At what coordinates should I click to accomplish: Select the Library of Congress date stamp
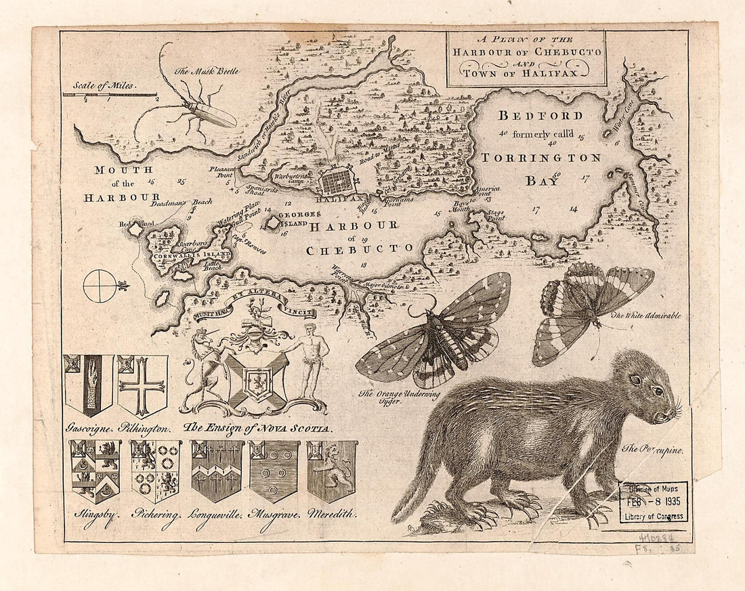pyautogui.click(x=654, y=502)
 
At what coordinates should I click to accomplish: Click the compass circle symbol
pyautogui.click(x=100, y=286)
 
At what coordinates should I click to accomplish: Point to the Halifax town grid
pyautogui.click(x=337, y=181)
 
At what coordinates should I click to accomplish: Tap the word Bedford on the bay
pyautogui.click(x=540, y=116)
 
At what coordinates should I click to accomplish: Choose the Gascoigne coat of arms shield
pyautogui.click(x=88, y=384)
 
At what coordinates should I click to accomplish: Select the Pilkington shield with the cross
pyautogui.click(x=142, y=384)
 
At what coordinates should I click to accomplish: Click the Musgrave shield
pyautogui.click(x=274, y=470)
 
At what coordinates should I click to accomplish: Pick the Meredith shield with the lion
pyautogui.click(x=331, y=470)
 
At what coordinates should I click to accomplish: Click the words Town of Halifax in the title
pyautogui.click(x=526, y=72)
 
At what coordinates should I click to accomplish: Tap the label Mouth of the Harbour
pyautogui.click(x=122, y=183)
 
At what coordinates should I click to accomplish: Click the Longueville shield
pyautogui.click(x=217, y=470)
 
